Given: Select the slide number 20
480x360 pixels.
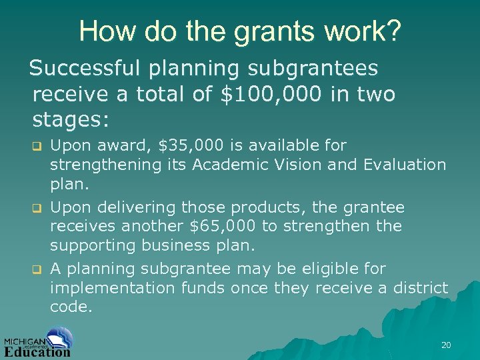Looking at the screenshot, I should point(446,345).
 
